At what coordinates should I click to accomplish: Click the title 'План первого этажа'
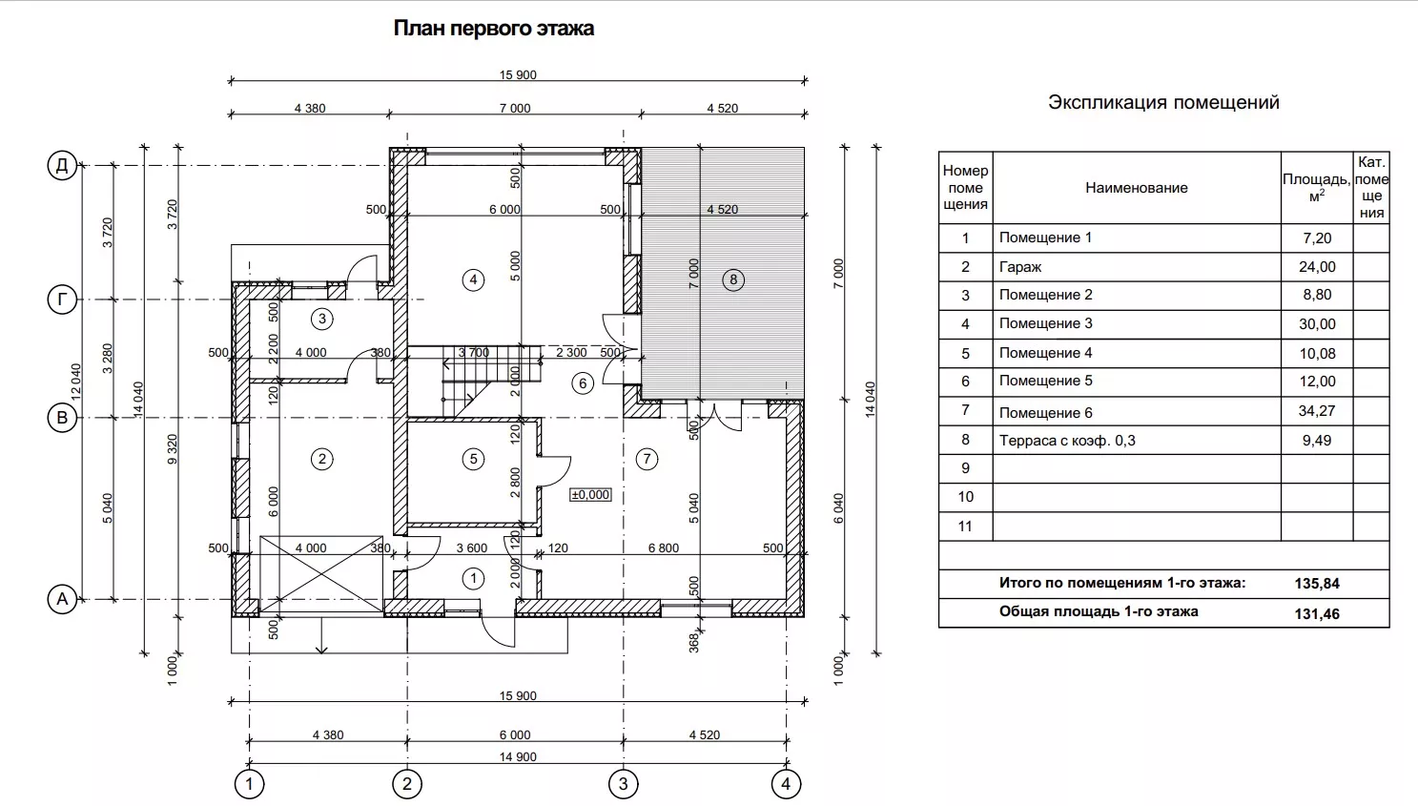(493, 29)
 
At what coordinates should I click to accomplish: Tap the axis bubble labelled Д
(62, 166)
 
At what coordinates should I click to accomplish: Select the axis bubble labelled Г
(62, 300)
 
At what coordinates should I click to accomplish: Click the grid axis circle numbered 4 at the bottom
(786, 785)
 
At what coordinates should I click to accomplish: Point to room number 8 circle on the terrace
(733, 279)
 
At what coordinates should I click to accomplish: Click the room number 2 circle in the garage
(322, 459)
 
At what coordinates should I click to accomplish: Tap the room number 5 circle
(474, 459)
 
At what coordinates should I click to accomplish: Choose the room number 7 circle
(647, 459)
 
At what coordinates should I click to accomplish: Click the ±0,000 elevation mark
(590, 495)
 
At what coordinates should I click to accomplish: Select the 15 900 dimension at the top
(518, 75)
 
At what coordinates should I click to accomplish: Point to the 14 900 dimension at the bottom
(518, 757)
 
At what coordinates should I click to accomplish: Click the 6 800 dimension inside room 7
(664, 548)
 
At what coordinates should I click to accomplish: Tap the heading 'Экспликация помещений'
(1163, 103)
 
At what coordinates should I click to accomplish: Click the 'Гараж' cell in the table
(1020, 267)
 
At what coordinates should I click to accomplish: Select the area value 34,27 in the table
(1317, 411)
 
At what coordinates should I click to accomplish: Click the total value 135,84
(1317, 584)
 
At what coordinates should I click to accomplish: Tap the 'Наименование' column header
(1137, 188)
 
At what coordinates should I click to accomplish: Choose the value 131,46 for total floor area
(1317, 614)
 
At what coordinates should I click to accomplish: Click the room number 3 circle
(322, 319)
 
